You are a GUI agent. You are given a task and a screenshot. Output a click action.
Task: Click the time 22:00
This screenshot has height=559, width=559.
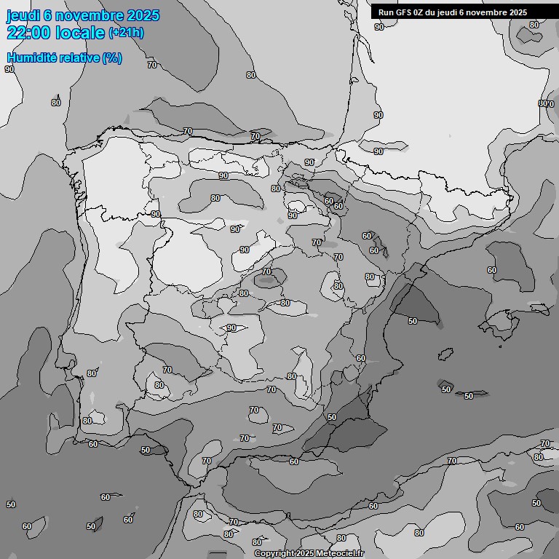pos(30,33)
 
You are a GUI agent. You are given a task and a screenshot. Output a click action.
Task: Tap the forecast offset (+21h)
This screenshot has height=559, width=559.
pos(126,33)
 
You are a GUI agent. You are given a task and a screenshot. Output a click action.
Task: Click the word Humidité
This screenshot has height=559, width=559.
pos(31,58)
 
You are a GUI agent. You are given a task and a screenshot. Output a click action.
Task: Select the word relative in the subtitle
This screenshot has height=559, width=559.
pos(79,58)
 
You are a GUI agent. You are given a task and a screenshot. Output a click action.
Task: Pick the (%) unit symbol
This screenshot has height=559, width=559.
pos(112,58)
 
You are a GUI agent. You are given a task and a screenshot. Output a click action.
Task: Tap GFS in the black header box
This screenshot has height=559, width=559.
pos(403,12)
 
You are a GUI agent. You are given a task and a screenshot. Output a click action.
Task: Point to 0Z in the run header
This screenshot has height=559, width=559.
pos(419,12)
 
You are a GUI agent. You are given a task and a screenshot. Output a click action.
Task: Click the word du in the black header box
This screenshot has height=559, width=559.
pos(431,12)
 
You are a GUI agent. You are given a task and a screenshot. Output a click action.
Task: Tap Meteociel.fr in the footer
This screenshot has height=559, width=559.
pos(340,554)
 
